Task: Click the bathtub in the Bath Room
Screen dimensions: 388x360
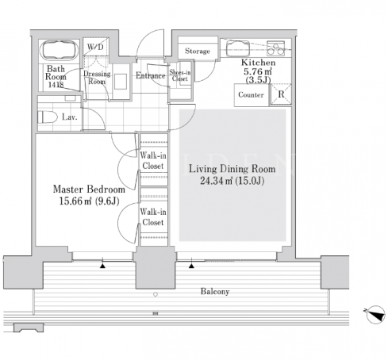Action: pos(60,51)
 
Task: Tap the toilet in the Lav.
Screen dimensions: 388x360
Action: pos(48,117)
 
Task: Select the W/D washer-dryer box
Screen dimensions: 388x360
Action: pos(95,47)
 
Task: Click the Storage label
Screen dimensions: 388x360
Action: pos(198,51)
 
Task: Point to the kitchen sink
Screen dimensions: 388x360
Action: pos(238,48)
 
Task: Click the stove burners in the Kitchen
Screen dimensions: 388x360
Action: pos(275,48)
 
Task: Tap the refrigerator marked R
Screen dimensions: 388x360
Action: pos(281,94)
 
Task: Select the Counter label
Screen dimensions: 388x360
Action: pos(251,94)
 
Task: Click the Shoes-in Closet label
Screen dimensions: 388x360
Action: pos(180,75)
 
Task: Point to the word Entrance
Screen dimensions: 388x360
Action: pos(151,75)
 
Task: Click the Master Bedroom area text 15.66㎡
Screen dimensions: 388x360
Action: pos(75,201)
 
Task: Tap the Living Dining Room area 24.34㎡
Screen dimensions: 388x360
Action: pos(216,181)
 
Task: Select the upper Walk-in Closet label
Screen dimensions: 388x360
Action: pos(153,160)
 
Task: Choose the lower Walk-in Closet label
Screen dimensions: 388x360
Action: pos(153,217)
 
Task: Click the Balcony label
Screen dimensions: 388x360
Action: pos(215,292)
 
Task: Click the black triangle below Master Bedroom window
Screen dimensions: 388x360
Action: pos(102,266)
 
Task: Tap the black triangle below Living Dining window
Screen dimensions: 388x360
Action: pos(191,266)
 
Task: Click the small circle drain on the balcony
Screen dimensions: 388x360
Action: pos(156,294)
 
